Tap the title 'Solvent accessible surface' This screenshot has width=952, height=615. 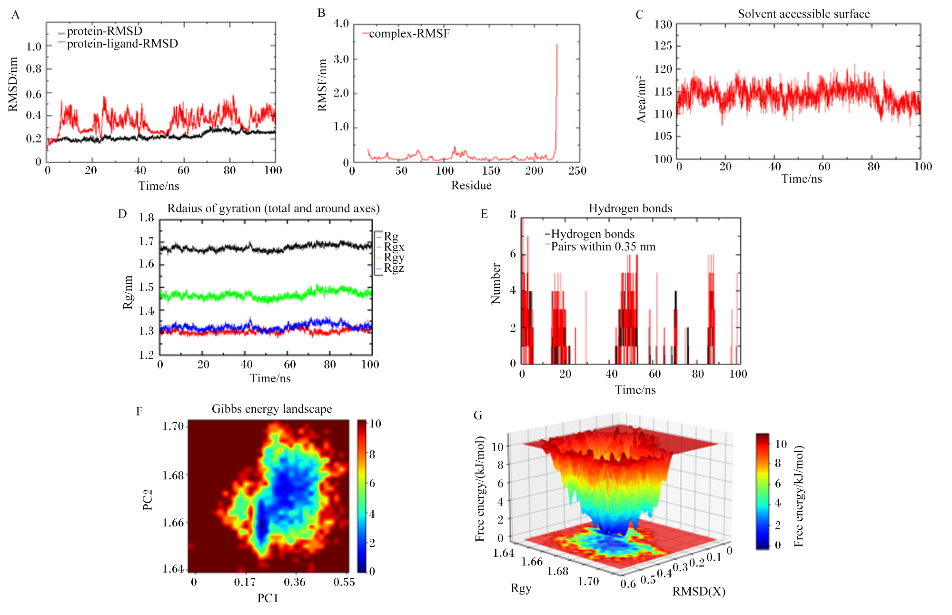tap(803, 14)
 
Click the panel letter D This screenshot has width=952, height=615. tap(122, 214)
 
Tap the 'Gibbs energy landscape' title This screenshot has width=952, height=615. tap(272, 409)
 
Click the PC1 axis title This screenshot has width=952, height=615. tap(268, 598)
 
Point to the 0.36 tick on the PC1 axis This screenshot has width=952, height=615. tap(295, 582)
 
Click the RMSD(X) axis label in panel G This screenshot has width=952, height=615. tap(699, 592)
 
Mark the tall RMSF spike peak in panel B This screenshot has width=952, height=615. tap(557, 45)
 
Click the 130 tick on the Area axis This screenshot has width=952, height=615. tap(663, 24)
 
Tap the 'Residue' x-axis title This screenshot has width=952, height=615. tap(471, 185)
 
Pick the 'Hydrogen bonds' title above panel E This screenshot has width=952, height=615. tap(630, 208)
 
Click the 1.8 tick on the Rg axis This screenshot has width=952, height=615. tap(146, 218)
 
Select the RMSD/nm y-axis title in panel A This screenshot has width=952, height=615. tap(13, 85)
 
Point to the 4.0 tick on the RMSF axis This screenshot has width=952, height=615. tap(341, 23)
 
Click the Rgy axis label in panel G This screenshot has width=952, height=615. tap(521, 588)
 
